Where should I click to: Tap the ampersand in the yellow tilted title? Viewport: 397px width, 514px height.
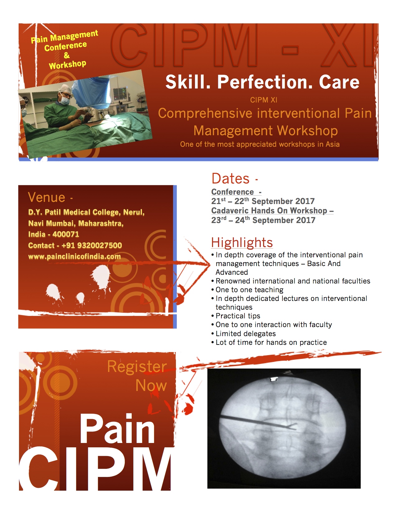[67, 55]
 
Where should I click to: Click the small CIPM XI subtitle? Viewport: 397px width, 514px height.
[264, 100]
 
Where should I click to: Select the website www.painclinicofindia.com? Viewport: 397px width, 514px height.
[74, 256]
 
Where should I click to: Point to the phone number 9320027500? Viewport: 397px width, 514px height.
[100, 245]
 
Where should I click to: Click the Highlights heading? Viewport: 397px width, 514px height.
[242, 242]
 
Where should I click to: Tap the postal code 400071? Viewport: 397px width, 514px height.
[66, 234]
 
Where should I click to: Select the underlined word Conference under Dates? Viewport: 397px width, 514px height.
[232, 192]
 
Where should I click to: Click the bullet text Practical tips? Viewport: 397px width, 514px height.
[238, 316]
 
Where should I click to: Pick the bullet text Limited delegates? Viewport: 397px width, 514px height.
[246, 334]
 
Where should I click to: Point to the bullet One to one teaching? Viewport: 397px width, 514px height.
[249, 290]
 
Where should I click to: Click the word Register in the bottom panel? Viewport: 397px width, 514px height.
[137, 367]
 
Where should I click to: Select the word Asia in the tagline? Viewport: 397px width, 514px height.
[333, 144]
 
